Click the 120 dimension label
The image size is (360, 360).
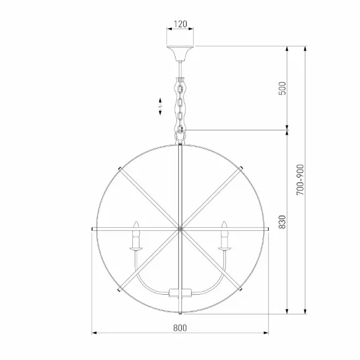pyautogui.click(x=181, y=24)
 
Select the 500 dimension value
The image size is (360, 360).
pyautogui.click(x=282, y=88)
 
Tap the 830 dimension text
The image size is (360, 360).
pyautogui.click(x=282, y=222)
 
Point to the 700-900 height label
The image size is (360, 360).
pyautogui.click(x=300, y=180)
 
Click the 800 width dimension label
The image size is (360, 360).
pyautogui.click(x=180, y=328)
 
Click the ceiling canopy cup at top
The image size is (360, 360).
pyautogui.click(x=180, y=53)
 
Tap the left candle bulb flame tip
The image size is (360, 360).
pyautogui.click(x=137, y=222)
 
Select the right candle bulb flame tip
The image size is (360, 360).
pyautogui.click(x=224, y=222)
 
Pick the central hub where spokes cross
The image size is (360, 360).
pyautogui.click(x=180, y=229)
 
